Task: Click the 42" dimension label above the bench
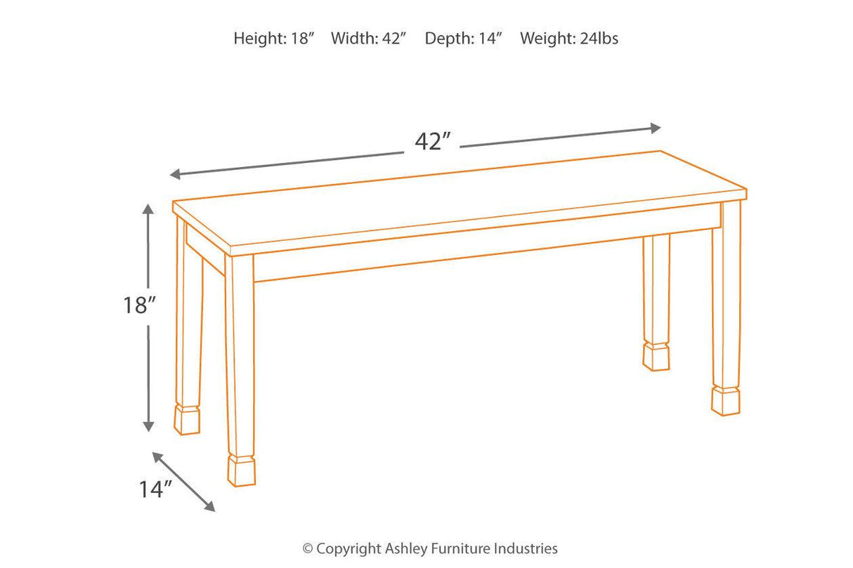(x=431, y=141)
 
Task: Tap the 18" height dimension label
(x=138, y=305)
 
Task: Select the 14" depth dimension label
(x=155, y=489)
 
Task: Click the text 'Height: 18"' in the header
(x=273, y=39)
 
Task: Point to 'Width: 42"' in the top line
(x=369, y=39)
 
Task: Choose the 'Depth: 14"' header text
(x=464, y=39)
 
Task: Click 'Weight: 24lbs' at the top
(x=569, y=39)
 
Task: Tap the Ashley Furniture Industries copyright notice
(x=430, y=548)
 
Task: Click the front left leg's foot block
(x=241, y=470)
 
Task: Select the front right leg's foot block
(x=725, y=400)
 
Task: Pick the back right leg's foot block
(x=656, y=357)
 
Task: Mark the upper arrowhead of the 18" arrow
(x=148, y=209)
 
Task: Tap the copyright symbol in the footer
(x=307, y=549)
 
